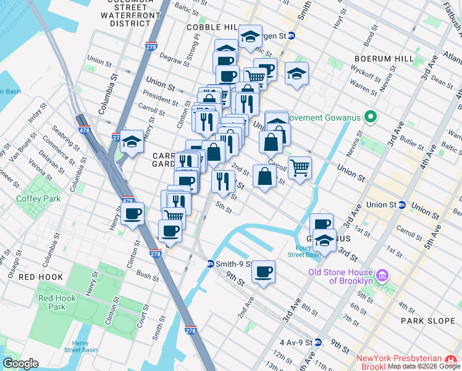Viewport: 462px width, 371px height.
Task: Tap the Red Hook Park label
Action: (52, 302)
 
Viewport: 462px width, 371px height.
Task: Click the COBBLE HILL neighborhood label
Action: (212, 28)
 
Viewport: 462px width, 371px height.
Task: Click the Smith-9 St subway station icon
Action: (210, 264)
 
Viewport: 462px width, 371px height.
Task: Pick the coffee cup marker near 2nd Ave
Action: (264, 272)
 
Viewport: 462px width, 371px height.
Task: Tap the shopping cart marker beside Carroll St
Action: (300, 168)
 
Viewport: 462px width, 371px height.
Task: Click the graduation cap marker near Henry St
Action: (131, 142)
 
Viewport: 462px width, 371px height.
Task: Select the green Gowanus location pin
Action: (371, 116)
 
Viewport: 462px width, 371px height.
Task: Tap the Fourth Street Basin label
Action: (304, 251)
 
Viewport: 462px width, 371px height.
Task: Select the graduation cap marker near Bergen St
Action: (250, 36)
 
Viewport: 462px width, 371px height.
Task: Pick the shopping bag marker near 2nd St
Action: (264, 176)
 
